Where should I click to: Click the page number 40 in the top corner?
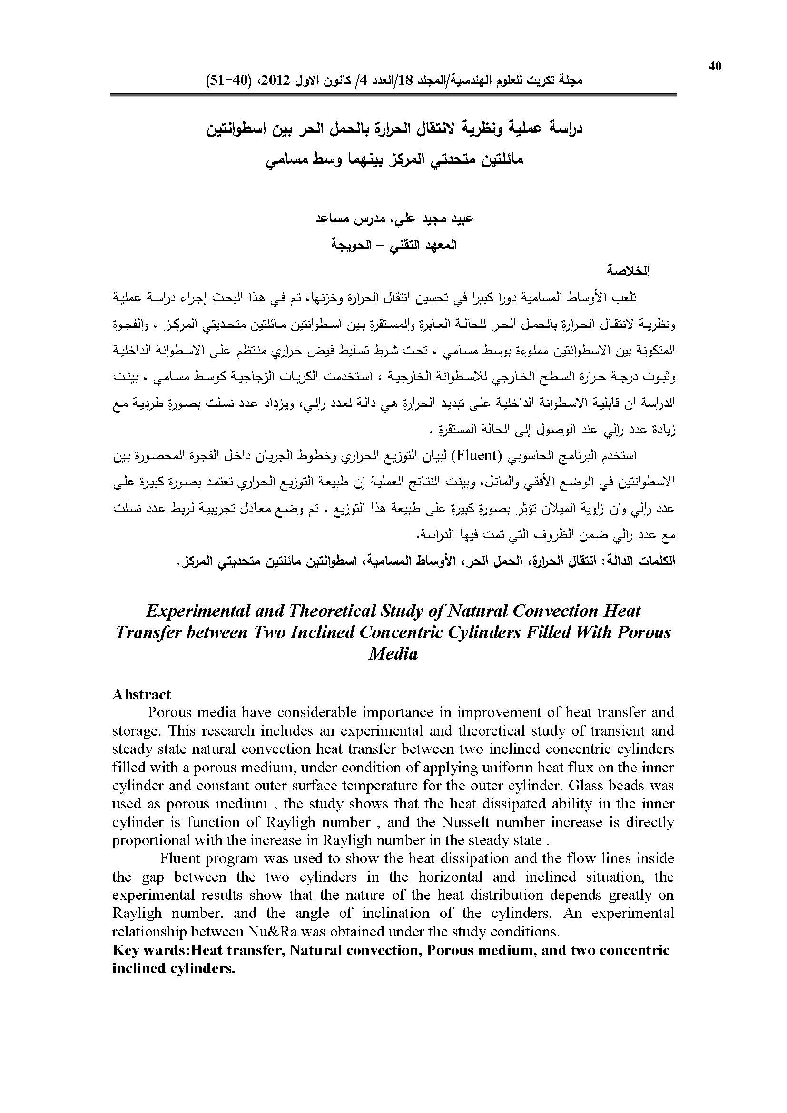pyautogui.click(x=715, y=67)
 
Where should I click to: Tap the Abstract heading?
pyautogui.click(x=141, y=695)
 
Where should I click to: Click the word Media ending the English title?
pyautogui.click(x=393, y=654)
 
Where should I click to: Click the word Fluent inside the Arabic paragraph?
pyautogui.click(x=475, y=456)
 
